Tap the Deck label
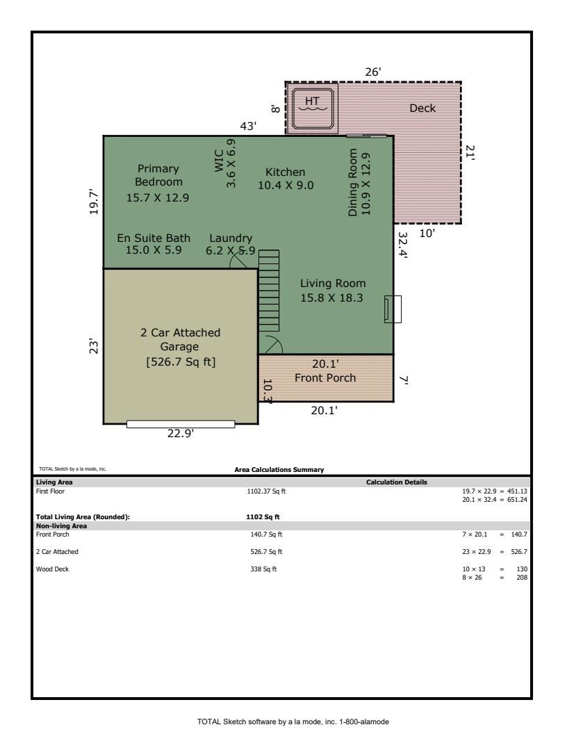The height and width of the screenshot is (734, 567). tap(422, 108)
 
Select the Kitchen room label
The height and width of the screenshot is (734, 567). tap(286, 172)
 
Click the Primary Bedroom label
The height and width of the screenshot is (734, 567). tap(158, 175)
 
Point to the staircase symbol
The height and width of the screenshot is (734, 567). tap(269, 290)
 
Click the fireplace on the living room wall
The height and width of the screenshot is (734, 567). tap(393, 309)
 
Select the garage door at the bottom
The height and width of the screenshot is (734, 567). tap(181, 424)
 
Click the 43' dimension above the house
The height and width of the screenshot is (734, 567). tap(248, 126)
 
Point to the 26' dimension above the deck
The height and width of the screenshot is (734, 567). tap(373, 72)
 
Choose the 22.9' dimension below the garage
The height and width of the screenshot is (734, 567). tap(181, 434)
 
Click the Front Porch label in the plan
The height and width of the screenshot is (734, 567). tap(325, 378)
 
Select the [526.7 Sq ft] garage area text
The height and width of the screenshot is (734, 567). tap(181, 361)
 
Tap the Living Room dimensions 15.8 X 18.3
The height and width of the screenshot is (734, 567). tap(333, 297)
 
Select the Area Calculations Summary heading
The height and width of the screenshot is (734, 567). tap(279, 470)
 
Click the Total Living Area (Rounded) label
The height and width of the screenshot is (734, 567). tap(83, 516)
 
